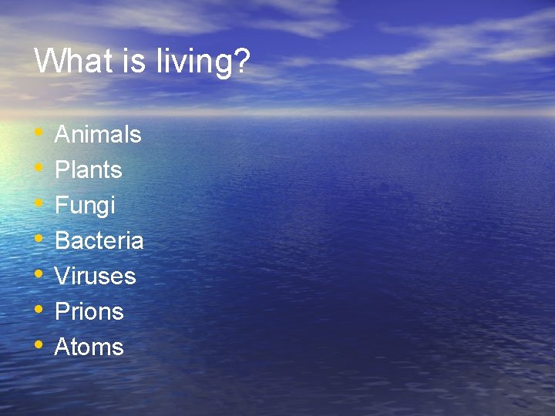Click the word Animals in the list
tap(98, 135)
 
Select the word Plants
tap(89, 170)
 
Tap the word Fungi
tap(85, 206)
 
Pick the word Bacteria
tap(99, 241)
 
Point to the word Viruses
tap(95, 277)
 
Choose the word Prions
tap(89, 312)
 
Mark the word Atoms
tap(89, 347)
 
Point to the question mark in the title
tap(242, 60)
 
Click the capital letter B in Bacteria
tap(62, 241)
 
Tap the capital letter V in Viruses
tap(62, 277)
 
